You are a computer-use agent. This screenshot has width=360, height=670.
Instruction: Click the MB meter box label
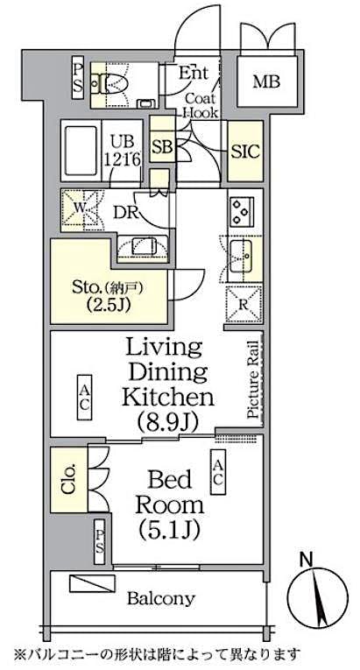click(272, 82)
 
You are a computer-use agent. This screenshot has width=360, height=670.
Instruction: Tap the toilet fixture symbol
click(112, 82)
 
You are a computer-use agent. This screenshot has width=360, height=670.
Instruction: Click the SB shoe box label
click(162, 147)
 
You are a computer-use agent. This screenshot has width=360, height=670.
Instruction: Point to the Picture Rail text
click(252, 382)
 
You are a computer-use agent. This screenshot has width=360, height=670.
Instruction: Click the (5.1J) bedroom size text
click(169, 529)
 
